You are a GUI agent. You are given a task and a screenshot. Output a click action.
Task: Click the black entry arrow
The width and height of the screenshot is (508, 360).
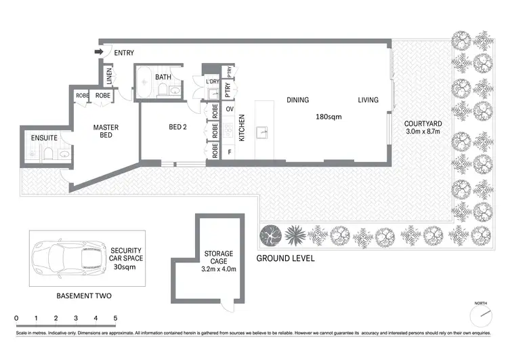(x=98, y=52)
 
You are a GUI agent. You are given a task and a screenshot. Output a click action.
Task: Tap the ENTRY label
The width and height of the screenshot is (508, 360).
(x=124, y=53)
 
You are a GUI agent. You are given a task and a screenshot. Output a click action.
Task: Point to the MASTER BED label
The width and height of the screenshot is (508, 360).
(x=106, y=131)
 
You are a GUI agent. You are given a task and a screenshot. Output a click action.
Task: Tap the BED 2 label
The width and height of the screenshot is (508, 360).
(x=177, y=127)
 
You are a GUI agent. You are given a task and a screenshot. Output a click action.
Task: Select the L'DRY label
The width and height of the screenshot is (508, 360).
(x=212, y=82)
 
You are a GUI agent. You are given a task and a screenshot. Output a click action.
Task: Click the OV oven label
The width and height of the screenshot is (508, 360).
(x=230, y=109)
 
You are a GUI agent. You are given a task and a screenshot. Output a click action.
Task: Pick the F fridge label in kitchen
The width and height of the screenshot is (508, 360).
(x=230, y=151)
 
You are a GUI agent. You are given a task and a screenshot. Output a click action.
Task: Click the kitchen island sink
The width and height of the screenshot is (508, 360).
(x=263, y=132)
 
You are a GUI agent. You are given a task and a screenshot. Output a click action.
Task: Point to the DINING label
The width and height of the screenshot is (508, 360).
(x=297, y=100)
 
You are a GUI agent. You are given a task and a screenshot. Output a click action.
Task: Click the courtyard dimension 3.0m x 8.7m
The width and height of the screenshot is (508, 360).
(x=422, y=132)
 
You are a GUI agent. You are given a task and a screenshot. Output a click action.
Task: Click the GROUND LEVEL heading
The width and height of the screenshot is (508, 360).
(x=285, y=259)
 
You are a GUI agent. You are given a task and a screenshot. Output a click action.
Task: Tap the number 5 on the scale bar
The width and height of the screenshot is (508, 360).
(x=115, y=317)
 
